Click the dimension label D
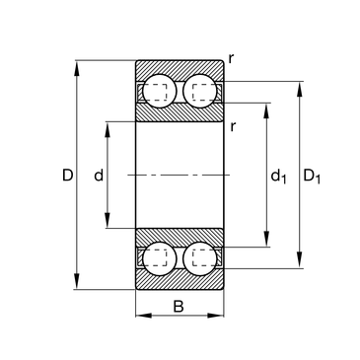67,175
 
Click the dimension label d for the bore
99,175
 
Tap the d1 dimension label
278,176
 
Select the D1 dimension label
312,176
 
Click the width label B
179,307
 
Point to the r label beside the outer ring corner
231,58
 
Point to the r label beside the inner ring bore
233,126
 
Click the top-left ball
159,91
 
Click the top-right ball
200,91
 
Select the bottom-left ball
160,258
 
